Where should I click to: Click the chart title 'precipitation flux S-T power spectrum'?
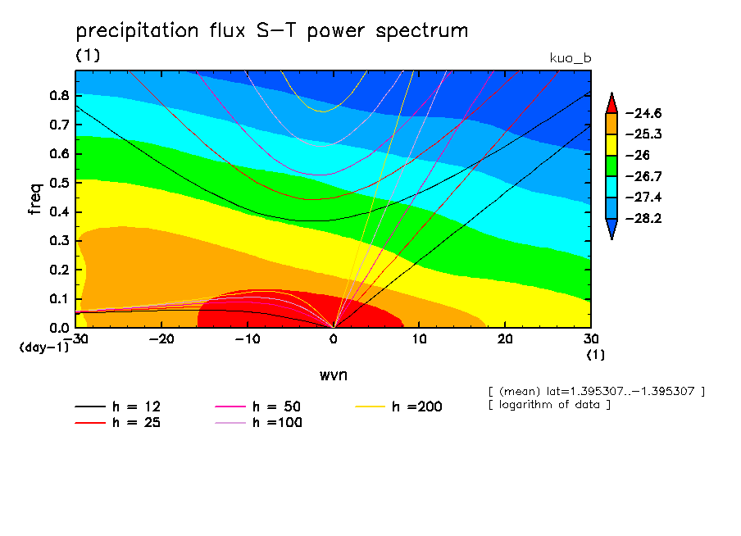tap(271, 31)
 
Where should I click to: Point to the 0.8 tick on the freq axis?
tap(58, 95)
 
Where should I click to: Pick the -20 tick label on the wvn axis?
tap(161, 339)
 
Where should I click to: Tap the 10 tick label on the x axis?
tap(419, 339)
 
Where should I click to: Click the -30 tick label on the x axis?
tap(76, 339)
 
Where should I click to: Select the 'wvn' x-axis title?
tap(332, 375)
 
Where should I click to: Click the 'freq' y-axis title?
tap(34, 199)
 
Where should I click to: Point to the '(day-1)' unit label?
tap(43, 347)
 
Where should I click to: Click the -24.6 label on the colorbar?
tap(643, 113)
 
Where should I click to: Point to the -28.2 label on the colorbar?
tap(643, 219)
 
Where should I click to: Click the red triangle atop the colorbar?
tap(611, 102)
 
